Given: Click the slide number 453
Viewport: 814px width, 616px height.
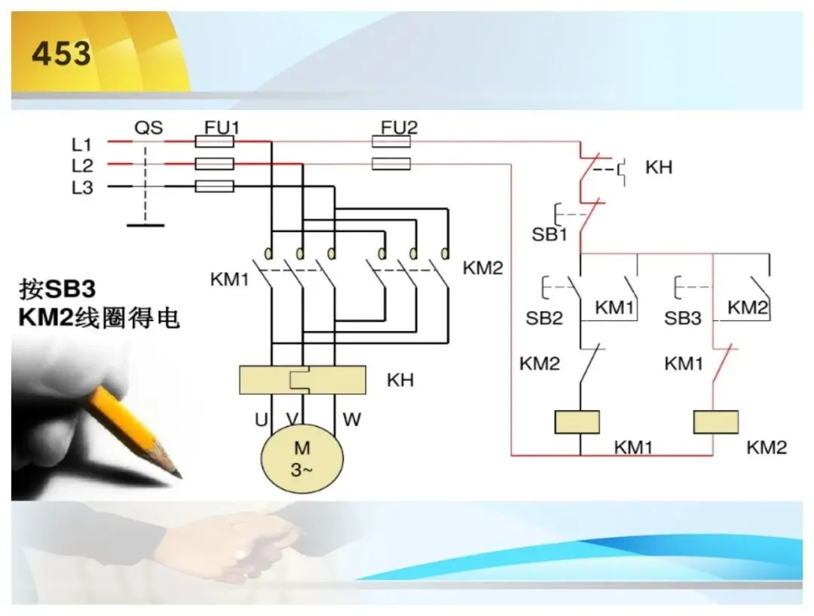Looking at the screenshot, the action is [x=61, y=53].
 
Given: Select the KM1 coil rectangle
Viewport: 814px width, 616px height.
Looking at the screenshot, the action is [x=577, y=421].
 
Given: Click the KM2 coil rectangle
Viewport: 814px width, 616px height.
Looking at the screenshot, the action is [x=716, y=421].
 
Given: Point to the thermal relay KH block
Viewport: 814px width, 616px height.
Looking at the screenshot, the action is [x=302, y=380].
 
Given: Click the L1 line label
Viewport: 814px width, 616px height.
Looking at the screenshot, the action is [x=82, y=145].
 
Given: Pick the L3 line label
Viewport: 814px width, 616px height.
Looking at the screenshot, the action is [x=82, y=188].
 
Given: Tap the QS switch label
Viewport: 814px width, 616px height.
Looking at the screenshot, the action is [x=148, y=127].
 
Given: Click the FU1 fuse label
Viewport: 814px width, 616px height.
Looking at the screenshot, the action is [x=222, y=127].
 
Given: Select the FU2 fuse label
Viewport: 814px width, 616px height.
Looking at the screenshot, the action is [x=399, y=127].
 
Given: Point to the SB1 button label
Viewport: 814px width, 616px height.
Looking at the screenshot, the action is [x=549, y=234].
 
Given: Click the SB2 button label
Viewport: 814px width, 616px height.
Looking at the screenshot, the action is [x=544, y=318].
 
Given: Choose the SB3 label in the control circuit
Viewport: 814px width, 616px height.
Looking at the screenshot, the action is [x=683, y=318].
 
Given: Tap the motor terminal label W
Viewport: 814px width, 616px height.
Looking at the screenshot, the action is [x=351, y=419].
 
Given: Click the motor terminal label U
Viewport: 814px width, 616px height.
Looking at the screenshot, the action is [x=261, y=419].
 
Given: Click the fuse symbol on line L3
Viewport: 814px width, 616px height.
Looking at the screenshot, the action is [x=214, y=186].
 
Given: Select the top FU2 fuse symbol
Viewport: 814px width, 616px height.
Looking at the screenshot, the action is [x=391, y=141].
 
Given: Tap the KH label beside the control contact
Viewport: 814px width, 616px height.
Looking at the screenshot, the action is [x=659, y=167].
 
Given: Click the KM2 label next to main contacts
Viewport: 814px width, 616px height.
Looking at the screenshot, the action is [x=483, y=268].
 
